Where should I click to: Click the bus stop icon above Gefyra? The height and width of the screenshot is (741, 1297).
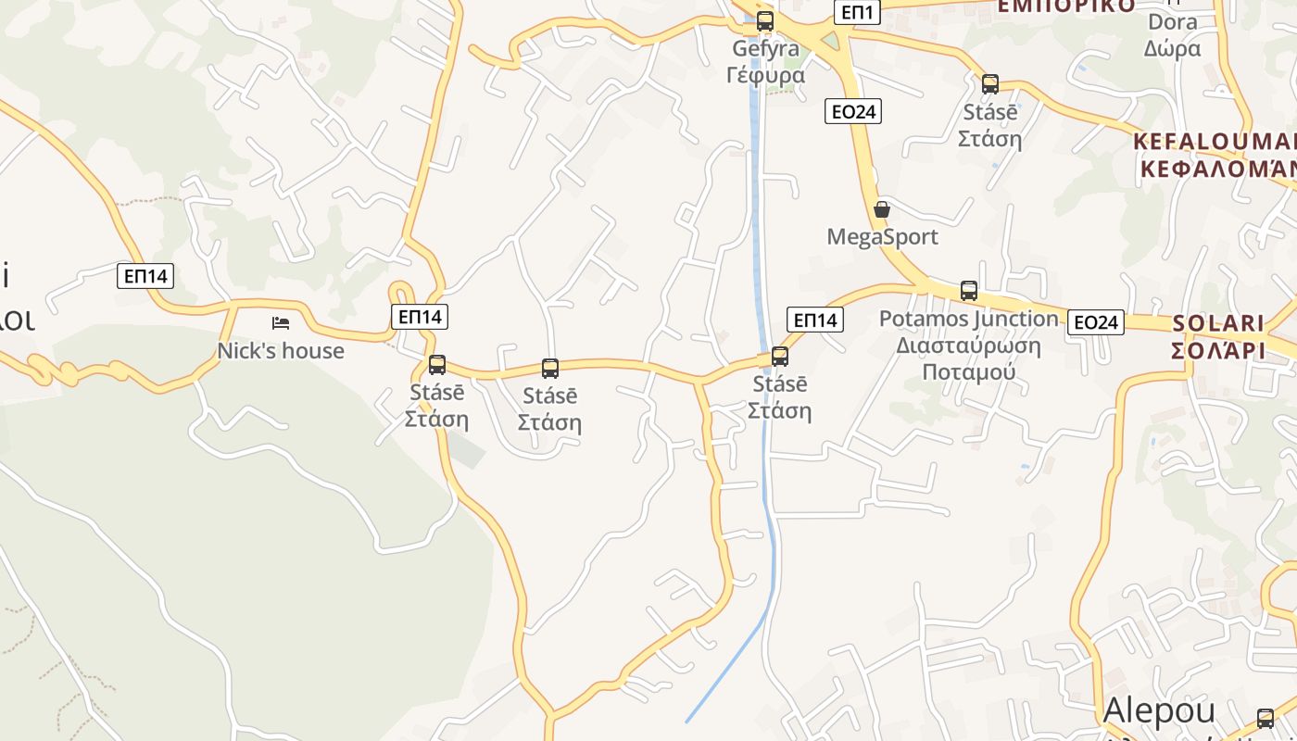764,20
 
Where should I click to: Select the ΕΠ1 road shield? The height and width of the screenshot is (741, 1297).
856,12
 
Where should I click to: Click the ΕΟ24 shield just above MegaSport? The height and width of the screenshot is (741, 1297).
852,112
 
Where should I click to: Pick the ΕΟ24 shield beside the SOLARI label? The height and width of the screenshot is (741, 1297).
1095,322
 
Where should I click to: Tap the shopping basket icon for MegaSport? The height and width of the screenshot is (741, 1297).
882,209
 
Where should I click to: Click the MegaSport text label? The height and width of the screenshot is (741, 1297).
882,237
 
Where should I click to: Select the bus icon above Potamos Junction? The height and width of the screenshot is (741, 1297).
969,290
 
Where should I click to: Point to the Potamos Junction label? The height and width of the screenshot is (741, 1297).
968,319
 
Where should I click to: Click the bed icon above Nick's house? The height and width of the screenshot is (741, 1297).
281,323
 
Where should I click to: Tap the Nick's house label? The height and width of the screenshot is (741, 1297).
281,351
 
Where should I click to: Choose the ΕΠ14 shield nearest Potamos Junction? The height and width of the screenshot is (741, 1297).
815,320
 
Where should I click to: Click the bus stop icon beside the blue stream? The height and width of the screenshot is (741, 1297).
780,356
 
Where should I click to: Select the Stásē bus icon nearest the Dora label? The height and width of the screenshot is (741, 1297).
990,84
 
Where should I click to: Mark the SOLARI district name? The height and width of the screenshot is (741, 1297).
1218,323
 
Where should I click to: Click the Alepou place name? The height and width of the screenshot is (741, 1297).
1159,710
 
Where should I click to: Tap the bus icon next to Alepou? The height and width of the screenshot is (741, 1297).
1266,718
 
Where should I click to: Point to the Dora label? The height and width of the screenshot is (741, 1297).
1172,22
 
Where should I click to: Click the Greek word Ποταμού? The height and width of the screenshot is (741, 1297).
968,372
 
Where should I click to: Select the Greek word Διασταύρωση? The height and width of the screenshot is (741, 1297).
968,346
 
